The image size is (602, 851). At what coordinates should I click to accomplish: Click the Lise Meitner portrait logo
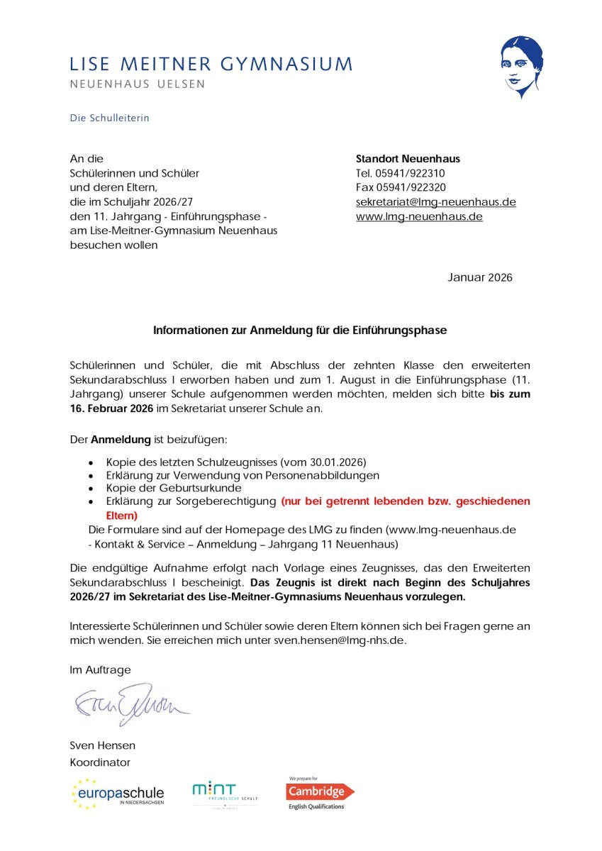pyautogui.click(x=523, y=68)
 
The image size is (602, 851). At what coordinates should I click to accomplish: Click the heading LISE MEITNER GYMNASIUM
pyautogui.click(x=211, y=64)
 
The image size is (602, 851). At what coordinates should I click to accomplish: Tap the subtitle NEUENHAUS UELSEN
pyautogui.click(x=137, y=84)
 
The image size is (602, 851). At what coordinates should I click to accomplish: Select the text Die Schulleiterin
pyautogui.click(x=109, y=118)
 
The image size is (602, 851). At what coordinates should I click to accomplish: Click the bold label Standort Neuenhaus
pyautogui.click(x=408, y=159)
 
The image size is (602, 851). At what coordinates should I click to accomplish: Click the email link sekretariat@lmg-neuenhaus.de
pyautogui.click(x=435, y=202)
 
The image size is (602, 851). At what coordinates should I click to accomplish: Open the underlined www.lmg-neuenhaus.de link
pyautogui.click(x=419, y=217)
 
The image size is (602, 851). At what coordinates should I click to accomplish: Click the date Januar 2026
pyautogui.click(x=479, y=277)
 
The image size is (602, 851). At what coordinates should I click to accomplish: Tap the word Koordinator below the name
pyautogui.click(x=100, y=762)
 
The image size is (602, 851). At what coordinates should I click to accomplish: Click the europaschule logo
pyautogui.click(x=118, y=794)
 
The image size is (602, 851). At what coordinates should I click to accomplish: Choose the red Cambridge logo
pyautogui.click(x=320, y=791)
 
